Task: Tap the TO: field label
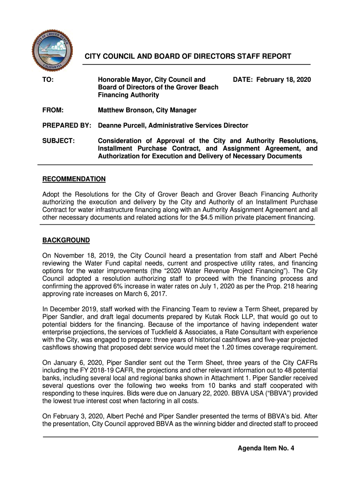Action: point(48,80)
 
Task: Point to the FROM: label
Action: point(53,110)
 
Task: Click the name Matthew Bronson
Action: point(125,110)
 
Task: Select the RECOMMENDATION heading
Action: point(74,179)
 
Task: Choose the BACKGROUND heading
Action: point(66,240)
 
